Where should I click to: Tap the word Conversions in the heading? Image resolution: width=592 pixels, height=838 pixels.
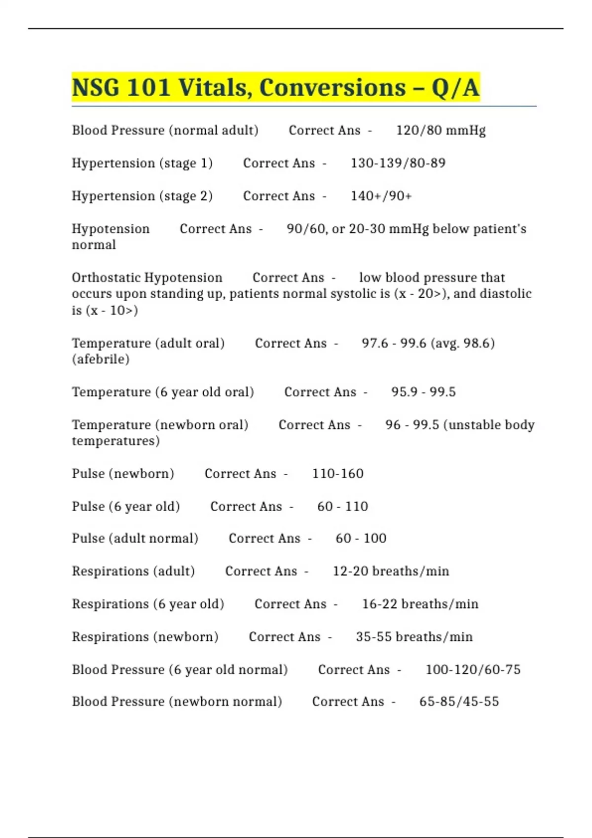click(332, 88)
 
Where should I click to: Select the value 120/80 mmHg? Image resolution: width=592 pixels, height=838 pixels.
click(441, 131)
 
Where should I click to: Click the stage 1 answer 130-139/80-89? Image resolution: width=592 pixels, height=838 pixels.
click(398, 163)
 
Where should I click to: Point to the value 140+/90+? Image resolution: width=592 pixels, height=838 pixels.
click(381, 196)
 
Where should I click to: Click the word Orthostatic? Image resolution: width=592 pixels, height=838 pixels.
click(147, 278)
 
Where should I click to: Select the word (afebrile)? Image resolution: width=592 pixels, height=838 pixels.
click(101, 359)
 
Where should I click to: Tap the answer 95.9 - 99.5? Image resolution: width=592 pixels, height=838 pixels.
click(423, 392)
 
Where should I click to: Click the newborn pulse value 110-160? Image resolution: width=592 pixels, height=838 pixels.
click(337, 474)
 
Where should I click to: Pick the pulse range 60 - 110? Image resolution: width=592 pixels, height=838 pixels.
click(342, 507)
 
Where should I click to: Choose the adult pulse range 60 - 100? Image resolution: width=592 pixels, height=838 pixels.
click(361, 538)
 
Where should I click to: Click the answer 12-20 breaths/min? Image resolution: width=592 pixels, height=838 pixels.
click(391, 571)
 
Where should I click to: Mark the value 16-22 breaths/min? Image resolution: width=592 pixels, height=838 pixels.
click(420, 604)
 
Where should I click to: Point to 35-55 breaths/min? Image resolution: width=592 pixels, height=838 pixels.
click(414, 637)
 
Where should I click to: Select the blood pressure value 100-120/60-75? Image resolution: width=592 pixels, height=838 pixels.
click(473, 670)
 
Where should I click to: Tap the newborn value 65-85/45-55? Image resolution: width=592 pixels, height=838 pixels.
click(459, 701)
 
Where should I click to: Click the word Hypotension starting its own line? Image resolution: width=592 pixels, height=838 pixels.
click(111, 229)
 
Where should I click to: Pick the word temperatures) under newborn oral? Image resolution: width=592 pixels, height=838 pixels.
click(115, 441)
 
